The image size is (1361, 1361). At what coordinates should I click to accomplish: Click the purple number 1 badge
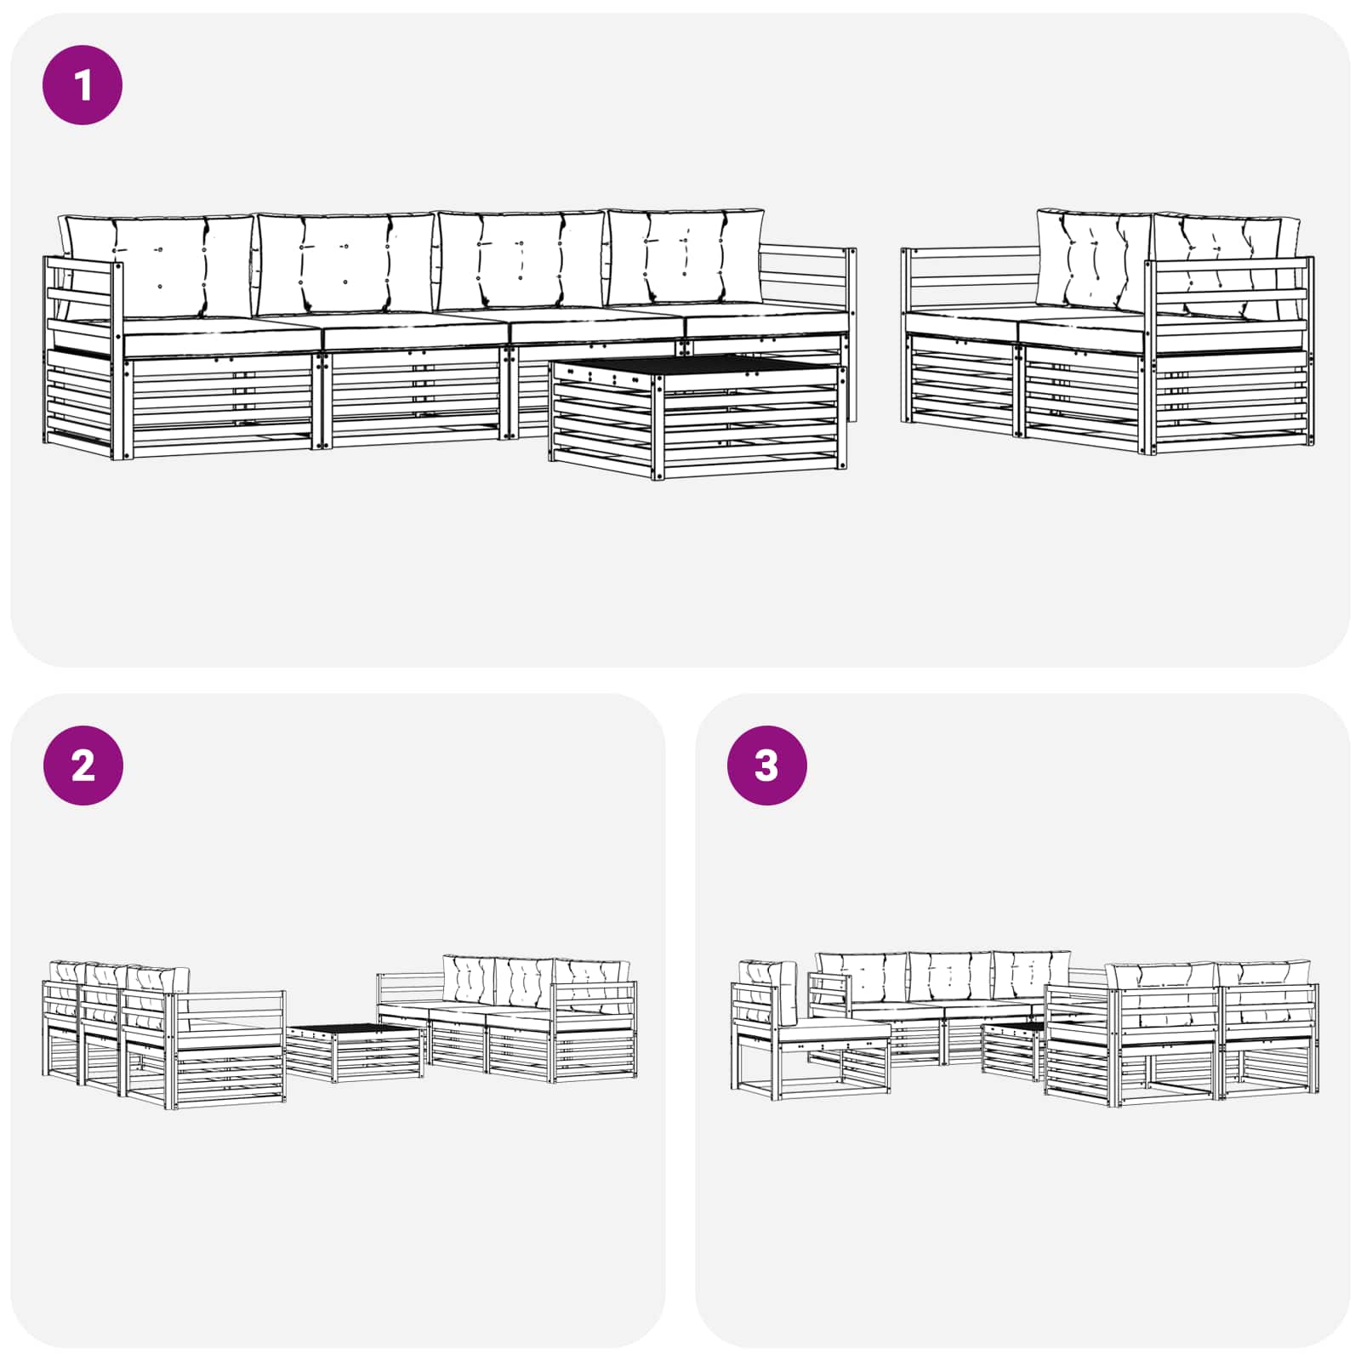[x=83, y=85]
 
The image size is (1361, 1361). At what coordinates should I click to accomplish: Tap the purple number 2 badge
[x=83, y=766]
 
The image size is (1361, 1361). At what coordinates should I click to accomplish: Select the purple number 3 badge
[x=766, y=766]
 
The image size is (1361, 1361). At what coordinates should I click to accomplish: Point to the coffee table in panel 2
[x=355, y=1053]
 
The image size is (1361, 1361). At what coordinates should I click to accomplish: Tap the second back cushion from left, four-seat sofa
[x=345, y=264]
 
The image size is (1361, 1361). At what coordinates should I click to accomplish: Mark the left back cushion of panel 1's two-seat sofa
[x=1094, y=259]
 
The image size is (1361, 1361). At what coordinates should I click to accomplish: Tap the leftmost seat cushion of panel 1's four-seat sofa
[x=223, y=336]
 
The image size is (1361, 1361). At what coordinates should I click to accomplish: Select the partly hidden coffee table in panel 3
[x=1012, y=1051]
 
